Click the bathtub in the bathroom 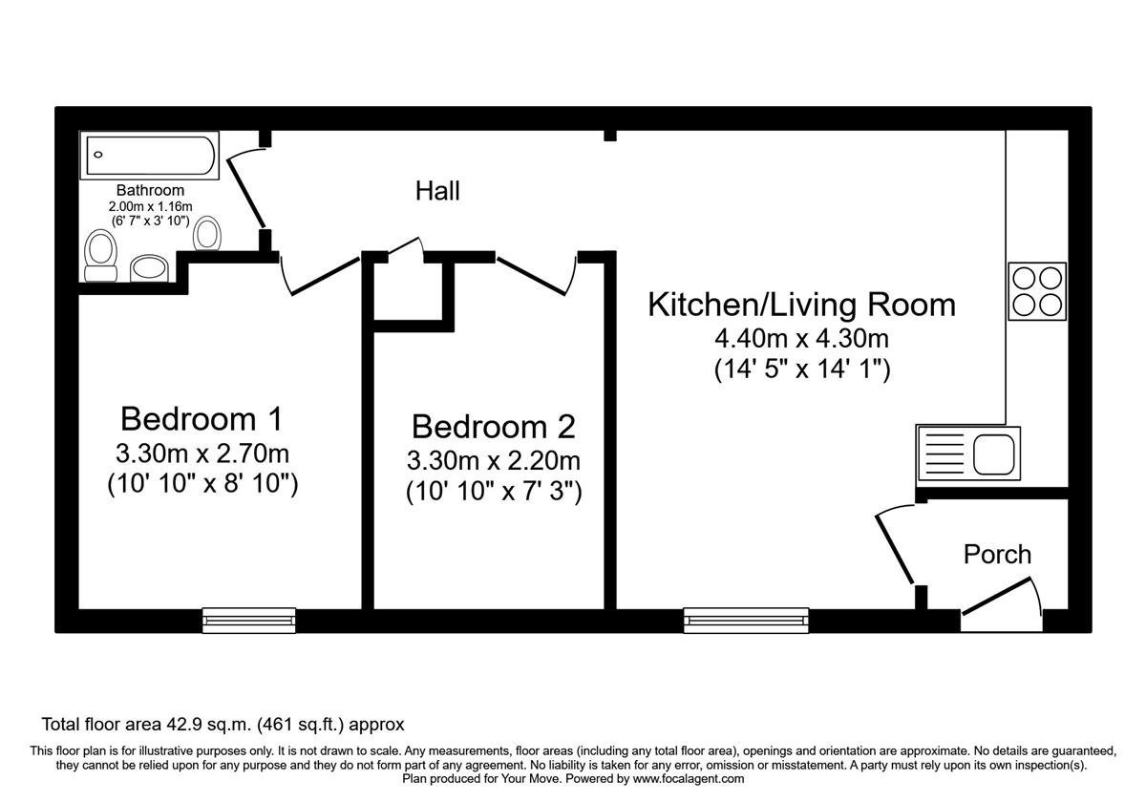152,156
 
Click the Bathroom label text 150,191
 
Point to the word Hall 437,191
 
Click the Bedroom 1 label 201,418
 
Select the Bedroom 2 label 493,426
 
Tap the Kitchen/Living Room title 801,305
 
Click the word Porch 997,554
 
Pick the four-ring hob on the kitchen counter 1036,291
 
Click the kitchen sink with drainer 967,453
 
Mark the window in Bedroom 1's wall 248,621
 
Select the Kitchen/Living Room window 746,621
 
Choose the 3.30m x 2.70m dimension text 201,453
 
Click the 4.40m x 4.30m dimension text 801,338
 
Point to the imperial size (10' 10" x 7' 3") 493,493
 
